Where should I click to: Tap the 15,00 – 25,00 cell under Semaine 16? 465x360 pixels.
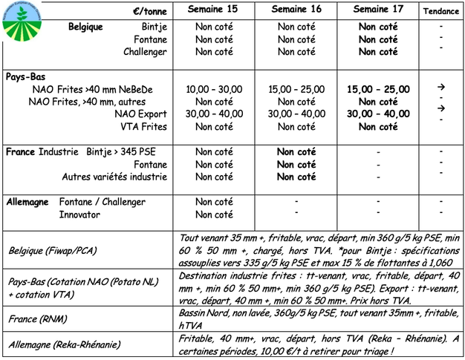(296, 89)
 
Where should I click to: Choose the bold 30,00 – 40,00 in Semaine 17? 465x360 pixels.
(378, 114)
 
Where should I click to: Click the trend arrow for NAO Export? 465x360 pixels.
(441, 109)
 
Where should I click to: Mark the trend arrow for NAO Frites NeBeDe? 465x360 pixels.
(441, 87)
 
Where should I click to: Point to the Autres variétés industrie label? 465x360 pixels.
(114, 177)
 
